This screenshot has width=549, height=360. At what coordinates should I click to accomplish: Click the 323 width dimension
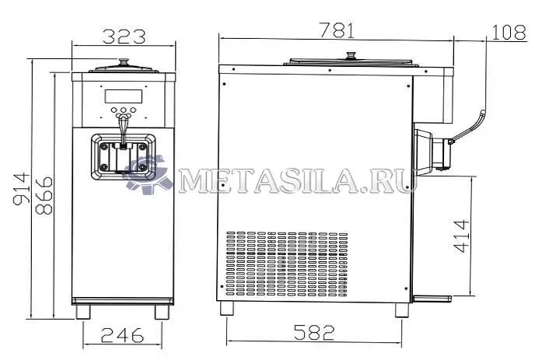[124, 37]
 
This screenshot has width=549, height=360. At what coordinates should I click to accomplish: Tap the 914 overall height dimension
[22, 188]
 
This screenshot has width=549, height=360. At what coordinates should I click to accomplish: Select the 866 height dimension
[44, 195]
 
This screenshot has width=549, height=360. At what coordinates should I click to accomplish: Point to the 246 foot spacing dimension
[122, 335]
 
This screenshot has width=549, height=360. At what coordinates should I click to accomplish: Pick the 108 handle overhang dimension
[509, 32]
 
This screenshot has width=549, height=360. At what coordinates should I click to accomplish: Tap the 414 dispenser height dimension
[461, 236]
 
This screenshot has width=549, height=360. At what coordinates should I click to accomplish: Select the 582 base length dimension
[314, 332]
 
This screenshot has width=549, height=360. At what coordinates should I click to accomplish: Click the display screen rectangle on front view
[123, 96]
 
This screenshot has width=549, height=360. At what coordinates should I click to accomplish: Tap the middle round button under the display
[123, 110]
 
